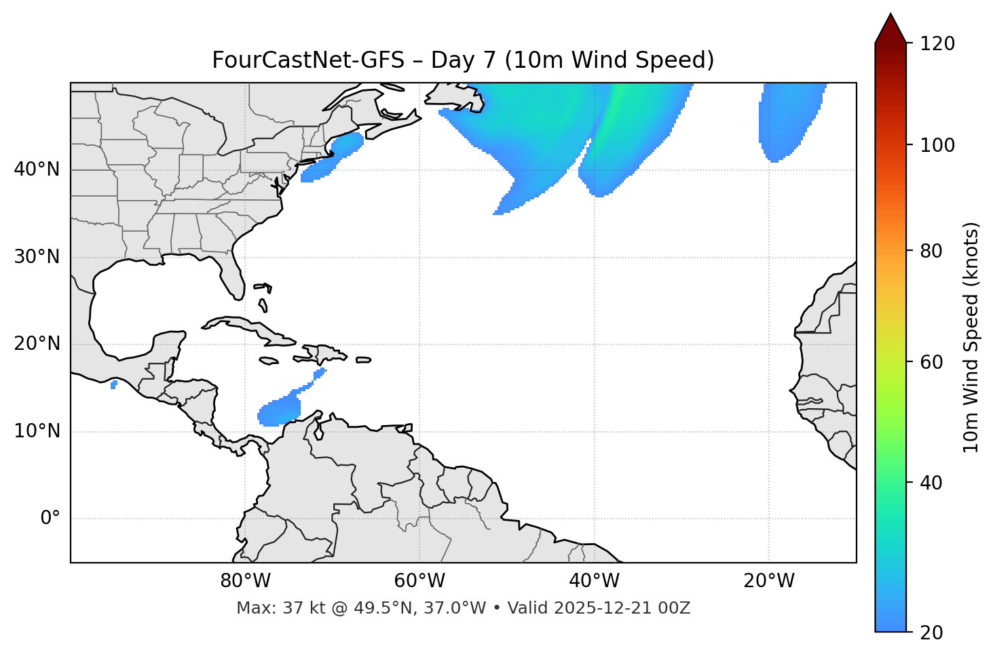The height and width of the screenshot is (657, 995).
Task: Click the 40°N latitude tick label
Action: click(x=37, y=170)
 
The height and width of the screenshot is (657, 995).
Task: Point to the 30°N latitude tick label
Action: click(x=37, y=257)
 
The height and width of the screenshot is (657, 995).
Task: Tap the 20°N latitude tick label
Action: click(x=37, y=344)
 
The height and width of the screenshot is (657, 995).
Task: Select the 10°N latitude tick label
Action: click(x=37, y=431)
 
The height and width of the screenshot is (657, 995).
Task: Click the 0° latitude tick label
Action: click(x=50, y=519)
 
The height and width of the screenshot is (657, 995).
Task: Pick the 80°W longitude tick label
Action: click(x=245, y=581)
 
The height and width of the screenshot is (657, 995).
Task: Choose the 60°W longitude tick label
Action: click(x=419, y=581)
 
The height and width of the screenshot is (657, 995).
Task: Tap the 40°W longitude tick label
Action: click(x=595, y=581)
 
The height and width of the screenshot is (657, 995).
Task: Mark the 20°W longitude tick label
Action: click(x=769, y=581)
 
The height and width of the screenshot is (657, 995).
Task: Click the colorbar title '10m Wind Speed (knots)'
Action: click(x=971, y=337)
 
